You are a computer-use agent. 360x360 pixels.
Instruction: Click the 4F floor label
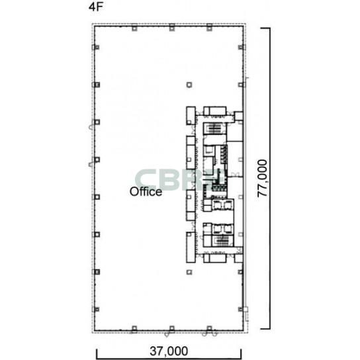click(95, 7)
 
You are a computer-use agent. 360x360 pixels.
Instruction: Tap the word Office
click(146, 192)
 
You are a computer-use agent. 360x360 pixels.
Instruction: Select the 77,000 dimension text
click(262, 179)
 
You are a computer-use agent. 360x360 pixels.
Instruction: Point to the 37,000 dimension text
click(169, 351)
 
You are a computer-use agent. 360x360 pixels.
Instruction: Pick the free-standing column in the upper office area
click(189, 85)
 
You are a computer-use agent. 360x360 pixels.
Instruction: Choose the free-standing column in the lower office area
click(189, 272)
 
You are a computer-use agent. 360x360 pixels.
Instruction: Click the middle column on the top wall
click(172, 28)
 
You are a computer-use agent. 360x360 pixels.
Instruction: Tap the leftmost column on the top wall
click(134, 28)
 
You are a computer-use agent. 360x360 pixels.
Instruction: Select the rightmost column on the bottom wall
click(209, 329)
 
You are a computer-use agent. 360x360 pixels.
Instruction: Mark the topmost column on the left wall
click(96, 47)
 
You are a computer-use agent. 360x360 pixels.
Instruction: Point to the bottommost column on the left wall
click(96, 310)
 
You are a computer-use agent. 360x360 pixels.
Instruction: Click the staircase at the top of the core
click(214, 128)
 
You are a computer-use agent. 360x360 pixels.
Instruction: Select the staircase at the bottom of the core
click(222, 241)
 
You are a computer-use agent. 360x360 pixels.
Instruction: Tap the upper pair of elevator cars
click(222, 204)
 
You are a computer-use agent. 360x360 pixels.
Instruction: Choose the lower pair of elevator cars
click(222, 229)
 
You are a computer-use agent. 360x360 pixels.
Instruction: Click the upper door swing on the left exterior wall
click(91, 126)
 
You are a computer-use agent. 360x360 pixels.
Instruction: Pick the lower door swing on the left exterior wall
click(91, 164)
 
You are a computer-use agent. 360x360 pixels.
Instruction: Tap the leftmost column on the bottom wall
click(134, 329)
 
